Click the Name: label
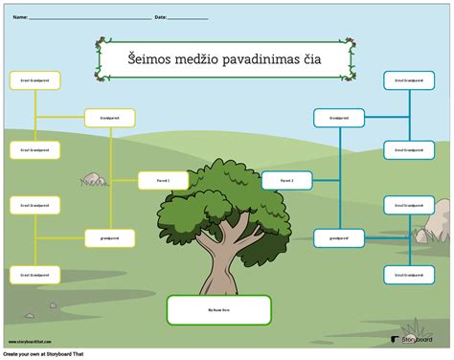click(x=19, y=17)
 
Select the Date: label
click(x=160, y=17)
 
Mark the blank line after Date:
click(x=188, y=18)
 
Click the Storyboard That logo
click(x=415, y=337)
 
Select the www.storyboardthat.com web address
click(x=27, y=341)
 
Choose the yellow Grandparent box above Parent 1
click(x=110, y=118)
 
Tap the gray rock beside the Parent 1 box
click(x=94, y=178)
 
